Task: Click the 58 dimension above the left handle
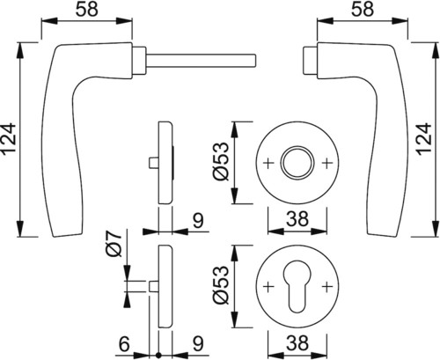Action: pos(86,10)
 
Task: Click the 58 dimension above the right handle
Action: pos(363,10)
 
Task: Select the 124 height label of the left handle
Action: pos(9,139)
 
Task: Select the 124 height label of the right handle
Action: pos(425,139)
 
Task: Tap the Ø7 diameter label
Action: pos(114,243)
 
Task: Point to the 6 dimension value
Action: pos(124,344)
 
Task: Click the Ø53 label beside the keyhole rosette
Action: pos(221,285)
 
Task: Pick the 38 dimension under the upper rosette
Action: pos(297,218)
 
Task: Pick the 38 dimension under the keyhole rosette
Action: pos(297,343)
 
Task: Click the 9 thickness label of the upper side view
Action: pos(199,221)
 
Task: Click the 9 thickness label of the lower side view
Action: pos(199,344)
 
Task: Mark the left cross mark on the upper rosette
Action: pos(268,162)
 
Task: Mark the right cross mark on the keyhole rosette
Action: pos(326,286)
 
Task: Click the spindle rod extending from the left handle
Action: pos(201,60)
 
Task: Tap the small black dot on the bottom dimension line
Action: pos(158,356)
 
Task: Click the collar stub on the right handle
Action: pos(310,60)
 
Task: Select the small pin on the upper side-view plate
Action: pos(154,163)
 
